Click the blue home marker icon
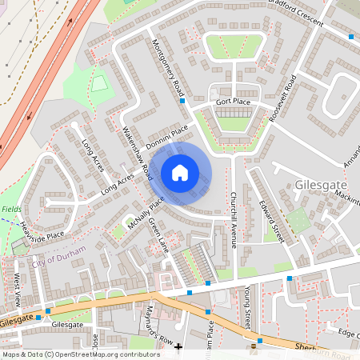point(180,172)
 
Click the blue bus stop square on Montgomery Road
point(182,102)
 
